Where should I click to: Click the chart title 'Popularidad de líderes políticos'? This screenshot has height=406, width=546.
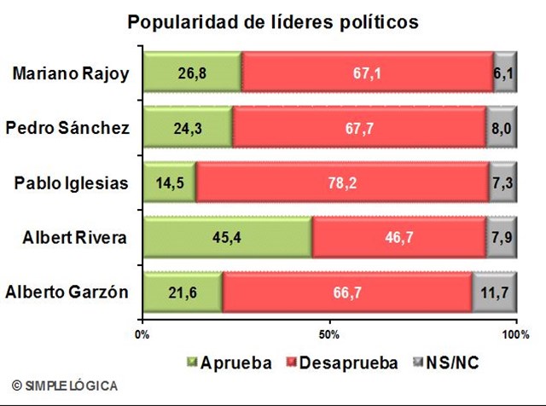coord(273,21)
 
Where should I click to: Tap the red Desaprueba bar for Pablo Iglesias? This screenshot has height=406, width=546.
coord(341,183)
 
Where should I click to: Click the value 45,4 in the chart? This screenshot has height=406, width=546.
coord(227,237)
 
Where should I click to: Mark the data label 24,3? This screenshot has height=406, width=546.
coord(188,128)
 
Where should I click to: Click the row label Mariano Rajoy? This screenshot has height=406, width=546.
coord(71,73)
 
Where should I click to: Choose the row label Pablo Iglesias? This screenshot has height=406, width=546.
coord(71,183)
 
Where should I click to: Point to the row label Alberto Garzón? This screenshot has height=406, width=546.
coord(67,292)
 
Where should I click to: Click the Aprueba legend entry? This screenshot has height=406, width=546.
coord(229,362)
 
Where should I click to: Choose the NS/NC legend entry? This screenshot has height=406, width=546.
coord(444,362)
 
